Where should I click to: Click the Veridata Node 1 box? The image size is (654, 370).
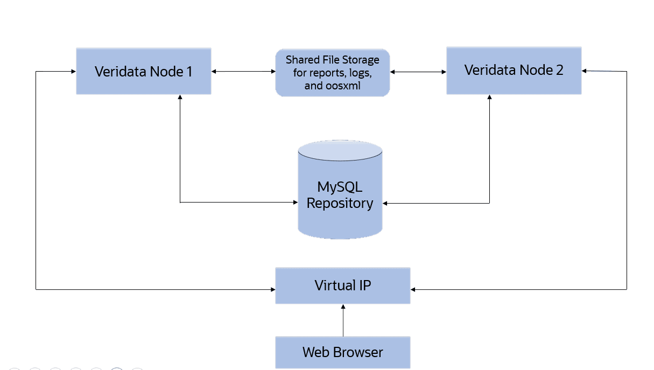[x=143, y=71]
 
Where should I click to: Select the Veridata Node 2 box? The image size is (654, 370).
[x=514, y=71]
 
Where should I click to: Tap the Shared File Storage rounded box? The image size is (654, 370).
[x=332, y=73]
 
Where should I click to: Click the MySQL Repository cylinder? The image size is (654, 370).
[x=340, y=215]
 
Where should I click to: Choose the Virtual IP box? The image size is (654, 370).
[x=342, y=285]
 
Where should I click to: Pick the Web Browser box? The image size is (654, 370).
[x=342, y=352]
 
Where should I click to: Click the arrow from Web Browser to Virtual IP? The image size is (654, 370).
[x=343, y=320]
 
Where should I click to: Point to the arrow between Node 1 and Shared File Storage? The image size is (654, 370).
[x=243, y=71]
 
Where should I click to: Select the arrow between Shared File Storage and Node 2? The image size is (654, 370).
[x=418, y=71]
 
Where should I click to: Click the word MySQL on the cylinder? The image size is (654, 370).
[x=340, y=187]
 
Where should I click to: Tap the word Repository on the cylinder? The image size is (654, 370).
[x=340, y=204]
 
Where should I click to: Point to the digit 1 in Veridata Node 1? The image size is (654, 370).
[x=189, y=72]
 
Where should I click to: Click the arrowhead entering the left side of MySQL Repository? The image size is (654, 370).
[x=295, y=203]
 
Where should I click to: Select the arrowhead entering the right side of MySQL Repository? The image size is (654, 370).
[x=385, y=203]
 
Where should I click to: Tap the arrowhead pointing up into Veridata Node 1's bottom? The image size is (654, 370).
[x=180, y=97]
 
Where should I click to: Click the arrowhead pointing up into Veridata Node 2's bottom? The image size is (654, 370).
[x=489, y=97]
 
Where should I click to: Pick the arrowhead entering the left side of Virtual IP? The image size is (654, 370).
[x=272, y=290]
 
